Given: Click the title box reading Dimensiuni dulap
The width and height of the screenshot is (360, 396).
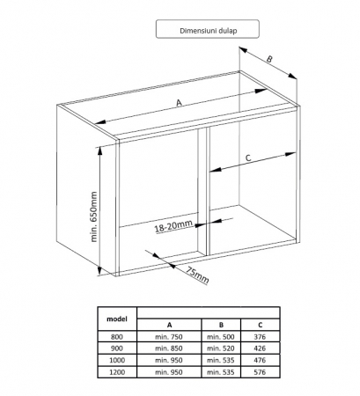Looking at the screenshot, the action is [x=208, y=29].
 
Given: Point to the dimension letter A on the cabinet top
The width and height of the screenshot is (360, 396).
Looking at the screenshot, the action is [x=179, y=103].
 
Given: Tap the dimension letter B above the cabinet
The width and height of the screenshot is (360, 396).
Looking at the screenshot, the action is [x=269, y=59].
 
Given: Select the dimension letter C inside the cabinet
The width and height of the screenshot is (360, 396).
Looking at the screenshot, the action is [x=248, y=158].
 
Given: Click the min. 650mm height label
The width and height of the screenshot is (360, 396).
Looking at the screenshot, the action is [x=93, y=216].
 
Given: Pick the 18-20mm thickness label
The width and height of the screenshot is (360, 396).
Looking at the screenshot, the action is [x=173, y=226].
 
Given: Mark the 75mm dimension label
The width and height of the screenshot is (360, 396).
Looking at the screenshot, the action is [x=198, y=275].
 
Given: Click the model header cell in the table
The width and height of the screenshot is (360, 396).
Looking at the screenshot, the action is [x=117, y=319].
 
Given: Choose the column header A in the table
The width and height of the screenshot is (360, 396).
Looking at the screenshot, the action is [x=169, y=325].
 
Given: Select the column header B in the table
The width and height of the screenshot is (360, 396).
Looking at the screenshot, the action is [x=221, y=325].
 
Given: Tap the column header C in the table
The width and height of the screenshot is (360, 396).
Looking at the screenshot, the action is [x=261, y=325].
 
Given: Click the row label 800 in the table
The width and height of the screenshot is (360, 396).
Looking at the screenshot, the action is [x=117, y=337].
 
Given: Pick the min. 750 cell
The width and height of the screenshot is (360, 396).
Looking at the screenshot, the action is [x=169, y=337].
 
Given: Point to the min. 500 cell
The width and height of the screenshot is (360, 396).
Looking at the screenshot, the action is [x=221, y=337].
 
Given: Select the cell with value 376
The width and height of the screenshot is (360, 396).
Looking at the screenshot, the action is [x=260, y=337].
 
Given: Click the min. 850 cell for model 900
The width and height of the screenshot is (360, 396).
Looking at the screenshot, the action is [x=169, y=348].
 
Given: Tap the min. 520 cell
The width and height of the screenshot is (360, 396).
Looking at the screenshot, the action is [x=221, y=348].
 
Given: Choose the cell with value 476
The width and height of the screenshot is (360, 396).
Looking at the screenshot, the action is [x=260, y=360].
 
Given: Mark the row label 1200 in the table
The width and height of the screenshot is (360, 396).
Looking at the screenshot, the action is [x=117, y=372].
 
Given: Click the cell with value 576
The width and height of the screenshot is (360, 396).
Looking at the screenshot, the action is [x=260, y=372].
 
